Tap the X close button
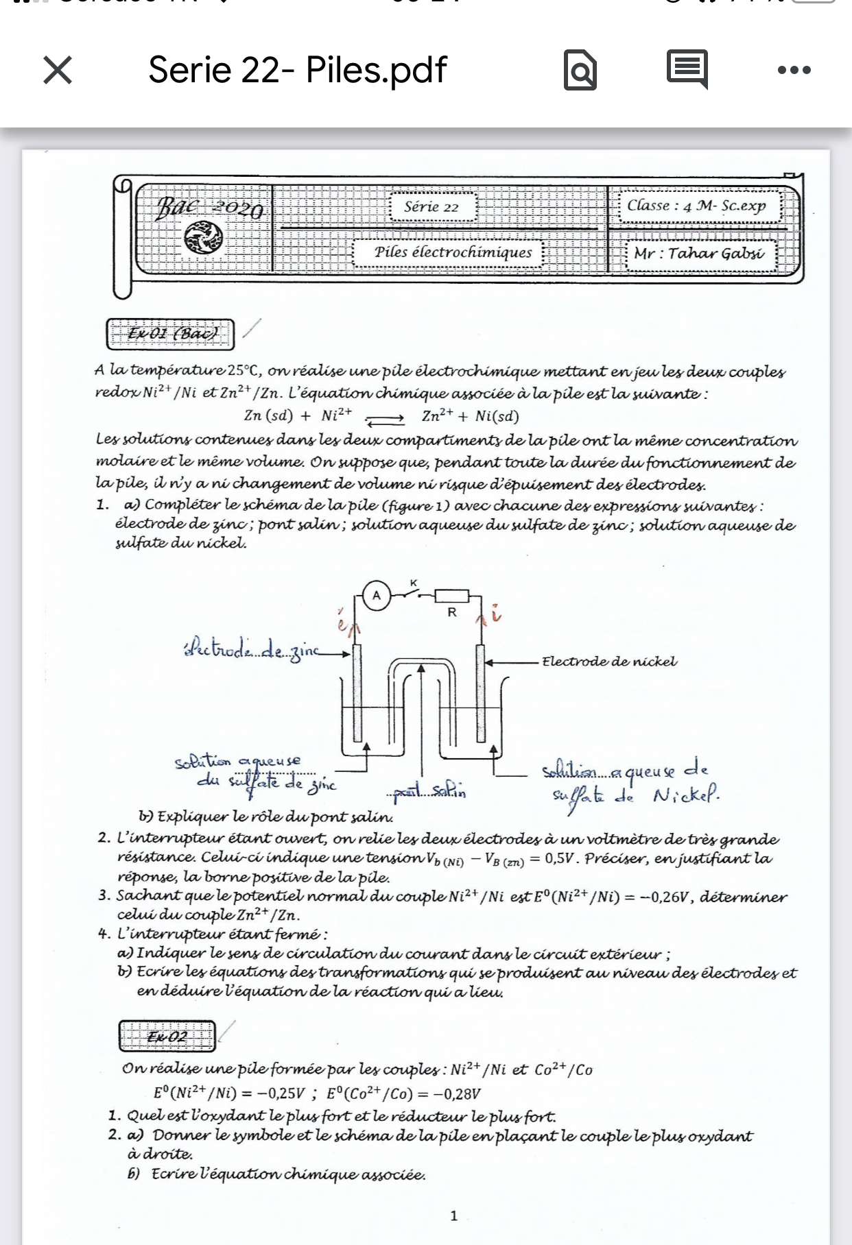click(58, 70)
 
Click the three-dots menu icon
click(794, 70)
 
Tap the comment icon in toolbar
click(687, 69)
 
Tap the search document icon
click(580, 70)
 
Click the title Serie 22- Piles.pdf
click(297, 70)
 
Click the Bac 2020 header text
click(209, 207)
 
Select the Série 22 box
click(431, 207)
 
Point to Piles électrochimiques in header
click(453, 252)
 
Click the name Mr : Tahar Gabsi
click(698, 253)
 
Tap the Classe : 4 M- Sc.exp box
click(696, 206)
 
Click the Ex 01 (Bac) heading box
click(171, 334)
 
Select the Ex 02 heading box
click(167, 1036)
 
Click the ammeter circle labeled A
click(376, 595)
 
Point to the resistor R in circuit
click(452, 596)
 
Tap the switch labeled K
click(414, 590)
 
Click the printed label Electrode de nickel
click(609, 662)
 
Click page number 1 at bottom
click(453, 1216)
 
